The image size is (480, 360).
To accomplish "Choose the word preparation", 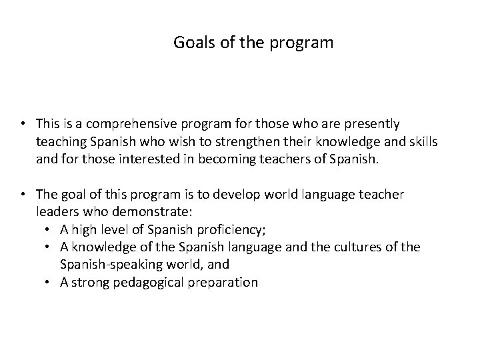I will coord(223,282).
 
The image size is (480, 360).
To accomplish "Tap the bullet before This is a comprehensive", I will coord(23,123).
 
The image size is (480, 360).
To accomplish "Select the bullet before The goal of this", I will coord(23,193).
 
